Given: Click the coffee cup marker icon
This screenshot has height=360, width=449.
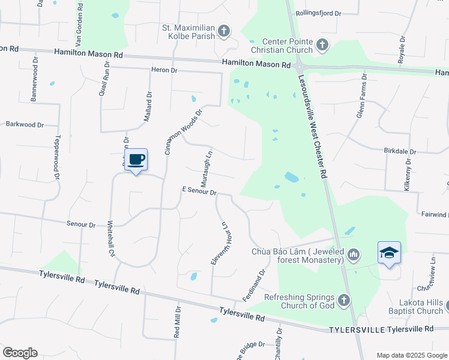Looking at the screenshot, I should pos(136,160).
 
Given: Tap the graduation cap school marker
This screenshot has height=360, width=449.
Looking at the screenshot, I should pos(389,253).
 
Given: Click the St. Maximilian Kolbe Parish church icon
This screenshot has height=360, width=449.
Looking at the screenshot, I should pos(223,31).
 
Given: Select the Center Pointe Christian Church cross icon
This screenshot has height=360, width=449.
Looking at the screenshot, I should pos(322,44).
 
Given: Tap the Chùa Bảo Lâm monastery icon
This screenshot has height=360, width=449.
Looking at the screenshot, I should pos(354,255).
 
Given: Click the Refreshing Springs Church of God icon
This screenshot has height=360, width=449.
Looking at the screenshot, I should pos(343,299).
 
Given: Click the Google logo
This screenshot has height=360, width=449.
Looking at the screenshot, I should pos(19,353).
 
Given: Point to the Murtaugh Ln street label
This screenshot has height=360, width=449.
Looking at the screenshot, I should pos(205,167).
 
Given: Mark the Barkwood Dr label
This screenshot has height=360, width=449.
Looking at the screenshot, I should pos(25,125).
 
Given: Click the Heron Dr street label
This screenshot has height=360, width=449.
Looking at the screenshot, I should pos(165,70).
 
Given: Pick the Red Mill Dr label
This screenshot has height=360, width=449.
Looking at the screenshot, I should pos(177,323).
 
